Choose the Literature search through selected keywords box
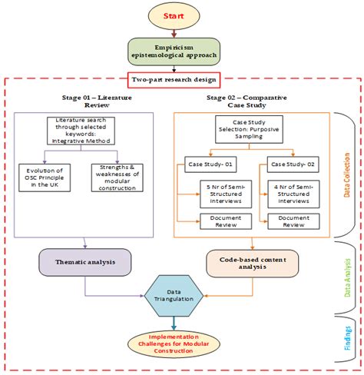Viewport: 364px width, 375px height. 81,129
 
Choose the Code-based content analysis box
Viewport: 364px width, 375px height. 252,263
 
